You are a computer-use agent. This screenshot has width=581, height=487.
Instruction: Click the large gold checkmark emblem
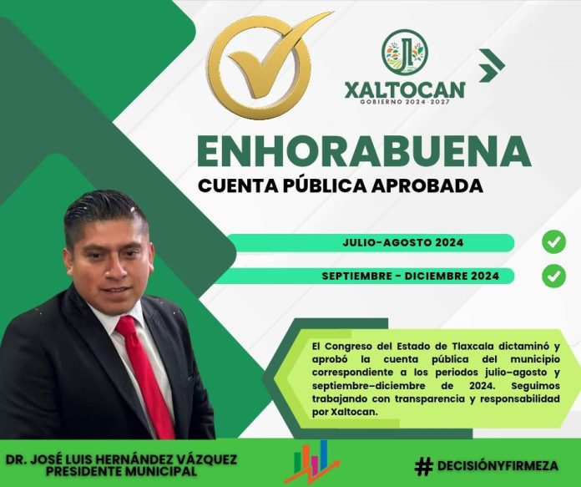coord(260,67)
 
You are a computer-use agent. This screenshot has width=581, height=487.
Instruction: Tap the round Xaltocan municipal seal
coord(405,52)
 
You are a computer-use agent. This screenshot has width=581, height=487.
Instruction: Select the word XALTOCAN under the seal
coord(405,89)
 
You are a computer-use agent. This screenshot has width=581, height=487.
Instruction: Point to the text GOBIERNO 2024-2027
coord(405,102)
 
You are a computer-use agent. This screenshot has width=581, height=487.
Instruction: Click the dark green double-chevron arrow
coord(492,65)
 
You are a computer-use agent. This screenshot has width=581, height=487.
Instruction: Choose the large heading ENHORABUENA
coord(364,151)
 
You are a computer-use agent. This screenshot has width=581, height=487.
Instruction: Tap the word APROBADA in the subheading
coord(427,185)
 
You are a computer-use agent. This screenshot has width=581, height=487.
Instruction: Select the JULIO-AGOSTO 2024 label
coord(402,242)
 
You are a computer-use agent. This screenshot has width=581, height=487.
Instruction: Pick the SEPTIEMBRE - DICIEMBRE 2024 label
coord(410,276)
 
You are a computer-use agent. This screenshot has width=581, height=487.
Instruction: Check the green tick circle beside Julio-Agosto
coord(554,242)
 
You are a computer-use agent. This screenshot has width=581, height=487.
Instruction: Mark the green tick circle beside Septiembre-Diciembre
coord(554,276)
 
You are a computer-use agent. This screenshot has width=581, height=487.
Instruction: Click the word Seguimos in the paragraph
coord(535,386)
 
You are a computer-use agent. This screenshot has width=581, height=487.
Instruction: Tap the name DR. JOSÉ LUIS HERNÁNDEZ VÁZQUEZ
coord(121,459)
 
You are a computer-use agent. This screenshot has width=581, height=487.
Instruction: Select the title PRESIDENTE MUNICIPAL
coord(121,471)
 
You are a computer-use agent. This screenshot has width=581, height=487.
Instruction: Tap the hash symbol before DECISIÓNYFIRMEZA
coord(423,466)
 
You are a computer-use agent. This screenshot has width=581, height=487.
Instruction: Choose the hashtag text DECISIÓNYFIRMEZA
coord(498,466)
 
